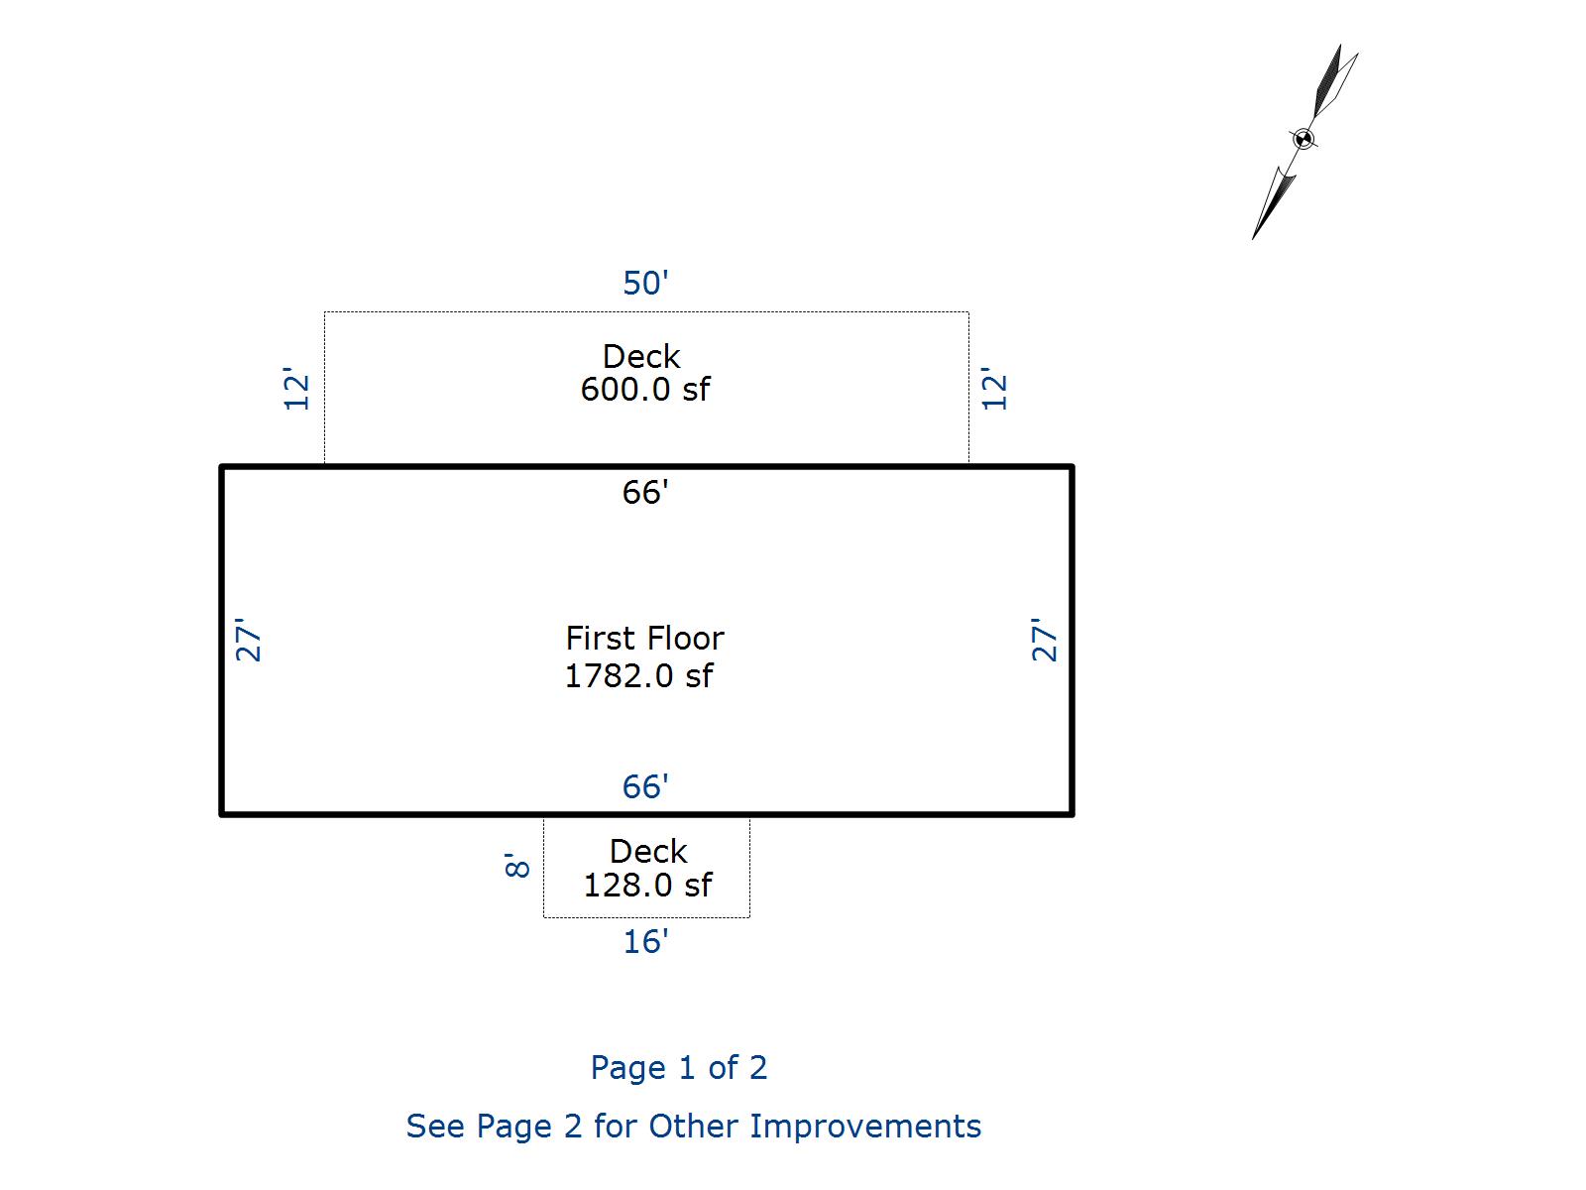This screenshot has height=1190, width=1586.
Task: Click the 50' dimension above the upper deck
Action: click(x=645, y=284)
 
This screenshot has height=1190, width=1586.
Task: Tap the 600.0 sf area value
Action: click(x=644, y=390)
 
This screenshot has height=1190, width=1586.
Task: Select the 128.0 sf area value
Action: click(x=646, y=886)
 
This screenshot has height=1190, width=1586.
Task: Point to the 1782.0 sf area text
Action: click(x=638, y=676)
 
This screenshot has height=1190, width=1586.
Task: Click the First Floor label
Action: click(x=644, y=638)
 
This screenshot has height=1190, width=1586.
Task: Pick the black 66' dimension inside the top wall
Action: click(x=645, y=493)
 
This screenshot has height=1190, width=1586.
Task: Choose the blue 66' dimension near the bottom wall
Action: click(x=645, y=787)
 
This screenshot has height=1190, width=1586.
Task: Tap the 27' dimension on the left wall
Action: click(x=249, y=641)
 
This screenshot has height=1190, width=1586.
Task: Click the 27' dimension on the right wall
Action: click(x=1045, y=641)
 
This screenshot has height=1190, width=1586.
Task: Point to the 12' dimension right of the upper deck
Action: click(x=994, y=390)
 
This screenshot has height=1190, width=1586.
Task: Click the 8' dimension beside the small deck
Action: click(x=517, y=866)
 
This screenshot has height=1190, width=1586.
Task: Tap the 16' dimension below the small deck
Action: click(x=645, y=942)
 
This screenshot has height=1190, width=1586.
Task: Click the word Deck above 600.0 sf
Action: click(x=641, y=357)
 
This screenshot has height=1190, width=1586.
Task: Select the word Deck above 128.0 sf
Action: click(x=648, y=852)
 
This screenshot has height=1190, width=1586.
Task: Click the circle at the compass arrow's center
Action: click(x=1304, y=139)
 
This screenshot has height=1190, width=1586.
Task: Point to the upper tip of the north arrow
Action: click(x=1340, y=46)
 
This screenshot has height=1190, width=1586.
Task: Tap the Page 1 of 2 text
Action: click(x=679, y=1068)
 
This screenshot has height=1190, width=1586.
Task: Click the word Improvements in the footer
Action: click(x=865, y=1127)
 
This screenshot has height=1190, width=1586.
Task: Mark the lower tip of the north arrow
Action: click(x=1254, y=238)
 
